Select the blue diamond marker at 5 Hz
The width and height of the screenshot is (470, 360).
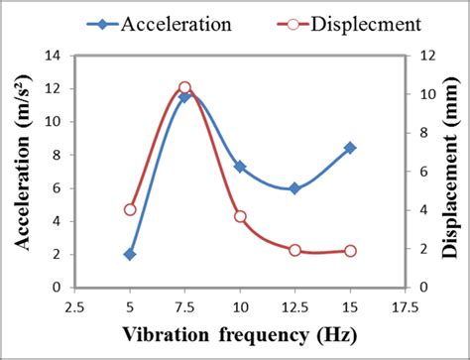pos(130,254)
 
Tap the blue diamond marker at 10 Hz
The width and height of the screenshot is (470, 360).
pos(240,167)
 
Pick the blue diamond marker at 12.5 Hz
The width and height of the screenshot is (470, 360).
pos(294,188)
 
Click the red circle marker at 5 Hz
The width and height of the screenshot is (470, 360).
pos(130,209)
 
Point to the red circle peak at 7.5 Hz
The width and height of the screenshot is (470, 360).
pos(184,88)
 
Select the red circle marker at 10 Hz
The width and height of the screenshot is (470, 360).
pos(240,216)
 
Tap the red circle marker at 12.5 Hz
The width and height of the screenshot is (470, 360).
pos(294,250)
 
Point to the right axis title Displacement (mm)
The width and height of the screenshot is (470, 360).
pos(452,171)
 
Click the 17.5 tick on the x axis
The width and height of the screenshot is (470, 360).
pos(404,307)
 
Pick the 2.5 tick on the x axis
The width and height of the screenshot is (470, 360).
pos(75,307)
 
